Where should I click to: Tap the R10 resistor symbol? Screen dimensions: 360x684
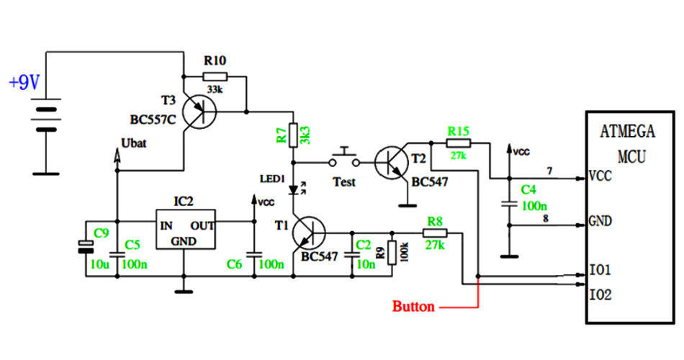215,76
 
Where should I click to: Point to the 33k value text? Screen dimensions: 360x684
215,89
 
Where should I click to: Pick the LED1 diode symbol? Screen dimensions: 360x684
294,191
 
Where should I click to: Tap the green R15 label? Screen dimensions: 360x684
459,131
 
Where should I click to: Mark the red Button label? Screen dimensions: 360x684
413,307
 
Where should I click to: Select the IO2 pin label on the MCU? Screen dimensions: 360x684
600,294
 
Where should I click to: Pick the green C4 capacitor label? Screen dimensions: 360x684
528,190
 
